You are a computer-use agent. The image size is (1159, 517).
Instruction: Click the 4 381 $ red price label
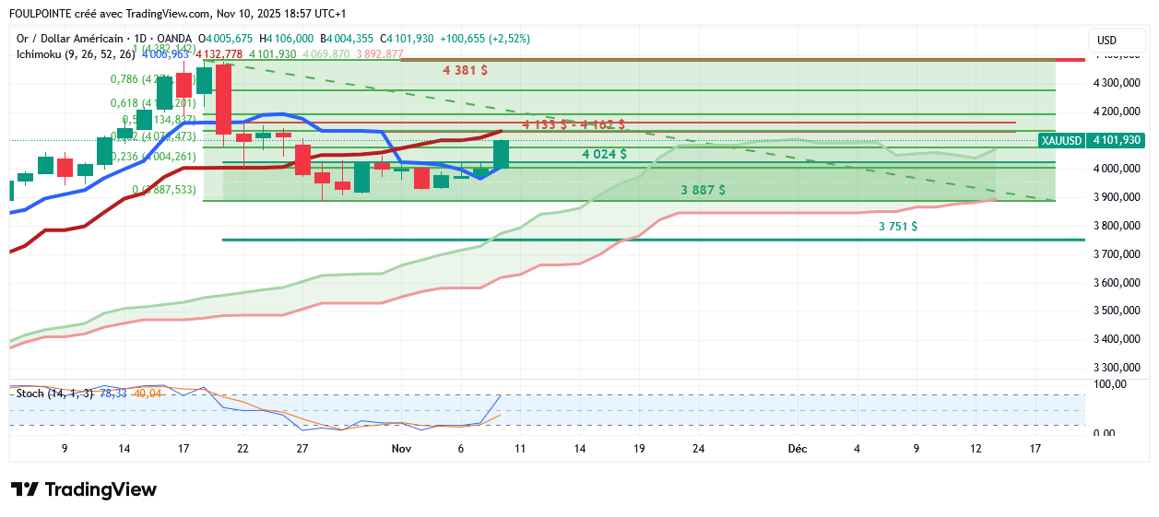click(465, 70)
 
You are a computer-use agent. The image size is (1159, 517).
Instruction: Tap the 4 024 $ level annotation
click(604, 154)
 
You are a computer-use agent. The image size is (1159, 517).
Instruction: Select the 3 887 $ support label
click(703, 190)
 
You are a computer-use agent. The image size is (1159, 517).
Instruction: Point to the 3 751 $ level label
click(897, 226)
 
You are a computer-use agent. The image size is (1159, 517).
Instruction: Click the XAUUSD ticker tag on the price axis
click(1059, 140)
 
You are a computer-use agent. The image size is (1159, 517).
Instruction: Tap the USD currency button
click(1106, 41)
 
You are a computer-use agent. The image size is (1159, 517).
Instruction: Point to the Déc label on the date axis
click(798, 449)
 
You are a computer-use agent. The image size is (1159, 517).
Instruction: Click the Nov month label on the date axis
click(401, 449)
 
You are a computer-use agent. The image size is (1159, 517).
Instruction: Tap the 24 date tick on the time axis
click(699, 449)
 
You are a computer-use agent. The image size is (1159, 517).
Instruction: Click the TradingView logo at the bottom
click(83, 490)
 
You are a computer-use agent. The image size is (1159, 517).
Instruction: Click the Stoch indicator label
click(30, 394)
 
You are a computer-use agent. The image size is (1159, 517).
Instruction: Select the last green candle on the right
click(501, 154)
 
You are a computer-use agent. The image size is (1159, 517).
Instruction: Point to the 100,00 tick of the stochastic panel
click(1109, 383)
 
